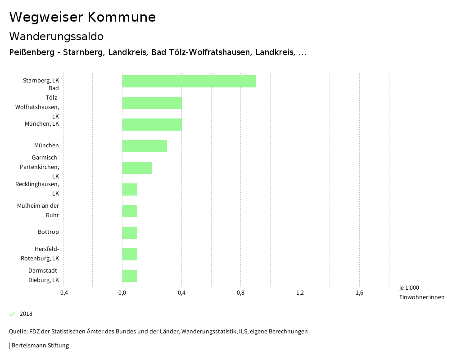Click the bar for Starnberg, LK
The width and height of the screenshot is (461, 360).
point(189,82)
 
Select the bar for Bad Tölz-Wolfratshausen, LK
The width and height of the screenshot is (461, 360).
point(152,103)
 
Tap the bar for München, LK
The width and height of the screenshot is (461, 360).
point(152,124)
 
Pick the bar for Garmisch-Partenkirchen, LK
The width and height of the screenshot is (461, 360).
point(137,168)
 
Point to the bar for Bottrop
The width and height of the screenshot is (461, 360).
point(130,232)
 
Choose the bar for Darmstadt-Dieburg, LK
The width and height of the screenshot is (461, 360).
point(130,276)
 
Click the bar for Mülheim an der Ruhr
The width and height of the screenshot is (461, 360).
point(130,211)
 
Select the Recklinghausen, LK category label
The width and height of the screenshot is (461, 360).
point(37,189)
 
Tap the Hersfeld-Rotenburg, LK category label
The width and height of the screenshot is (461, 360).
point(40,254)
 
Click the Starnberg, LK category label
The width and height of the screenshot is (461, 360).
point(41,81)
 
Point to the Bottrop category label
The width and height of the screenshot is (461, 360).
point(48,232)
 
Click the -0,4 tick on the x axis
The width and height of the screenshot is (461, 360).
point(63,293)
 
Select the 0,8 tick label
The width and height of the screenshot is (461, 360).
point(241,293)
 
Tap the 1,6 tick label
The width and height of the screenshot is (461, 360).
point(359,293)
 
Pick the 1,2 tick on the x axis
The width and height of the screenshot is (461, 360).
point(300,293)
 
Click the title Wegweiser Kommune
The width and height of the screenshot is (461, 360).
point(82,17)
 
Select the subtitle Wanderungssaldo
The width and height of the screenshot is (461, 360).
point(56,36)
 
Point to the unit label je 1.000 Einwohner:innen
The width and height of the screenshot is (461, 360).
point(421,292)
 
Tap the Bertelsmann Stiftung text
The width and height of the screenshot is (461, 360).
point(40,346)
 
